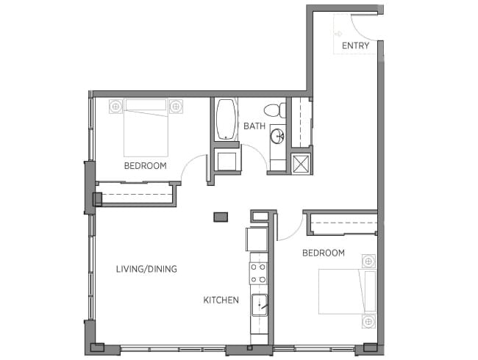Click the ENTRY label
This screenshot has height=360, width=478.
[355, 46]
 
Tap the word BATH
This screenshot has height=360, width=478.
[254, 126]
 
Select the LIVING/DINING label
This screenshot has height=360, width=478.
[146, 269]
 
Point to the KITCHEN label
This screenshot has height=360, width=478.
[221, 300]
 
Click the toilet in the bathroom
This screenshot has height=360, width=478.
[275, 110]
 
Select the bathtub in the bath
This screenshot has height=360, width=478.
[226, 119]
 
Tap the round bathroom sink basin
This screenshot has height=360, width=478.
[278, 136]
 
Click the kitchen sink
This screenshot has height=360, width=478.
[259, 305]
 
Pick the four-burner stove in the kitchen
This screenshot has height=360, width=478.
[259, 273]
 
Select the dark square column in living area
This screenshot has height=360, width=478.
[221, 217]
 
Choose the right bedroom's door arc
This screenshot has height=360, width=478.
[296, 232]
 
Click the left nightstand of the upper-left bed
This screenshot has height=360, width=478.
[115, 107]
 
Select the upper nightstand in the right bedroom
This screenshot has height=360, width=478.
[368, 262]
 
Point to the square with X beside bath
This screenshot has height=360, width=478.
[301, 164]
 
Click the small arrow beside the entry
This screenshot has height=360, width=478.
[338, 34]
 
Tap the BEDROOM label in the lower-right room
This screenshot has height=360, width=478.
[324, 253]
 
